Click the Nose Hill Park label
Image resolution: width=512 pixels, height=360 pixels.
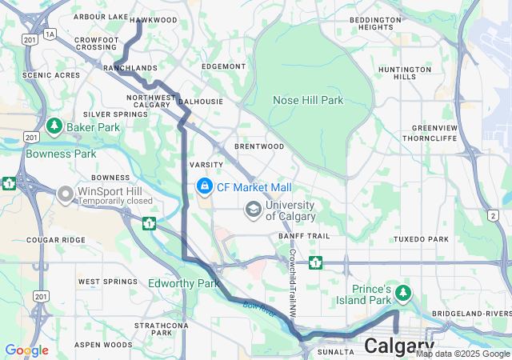point(308,100)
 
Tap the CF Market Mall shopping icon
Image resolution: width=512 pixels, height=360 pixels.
point(204,186)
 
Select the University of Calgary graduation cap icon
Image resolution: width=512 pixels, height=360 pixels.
point(254,210)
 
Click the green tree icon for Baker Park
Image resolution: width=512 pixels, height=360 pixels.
point(54,126)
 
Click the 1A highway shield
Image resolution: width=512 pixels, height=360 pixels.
point(50,34)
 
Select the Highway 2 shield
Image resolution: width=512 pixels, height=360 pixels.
point(493,216)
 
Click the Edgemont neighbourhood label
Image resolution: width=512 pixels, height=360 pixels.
point(224,66)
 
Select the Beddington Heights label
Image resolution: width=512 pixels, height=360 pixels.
point(398,23)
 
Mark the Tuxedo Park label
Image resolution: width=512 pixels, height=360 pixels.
point(421,239)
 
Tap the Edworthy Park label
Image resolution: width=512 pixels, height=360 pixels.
point(183,283)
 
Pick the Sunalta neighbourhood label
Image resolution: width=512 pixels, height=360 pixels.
point(335,351)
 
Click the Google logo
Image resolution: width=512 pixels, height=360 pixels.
point(26,350)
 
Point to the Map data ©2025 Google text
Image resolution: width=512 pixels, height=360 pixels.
point(462,354)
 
